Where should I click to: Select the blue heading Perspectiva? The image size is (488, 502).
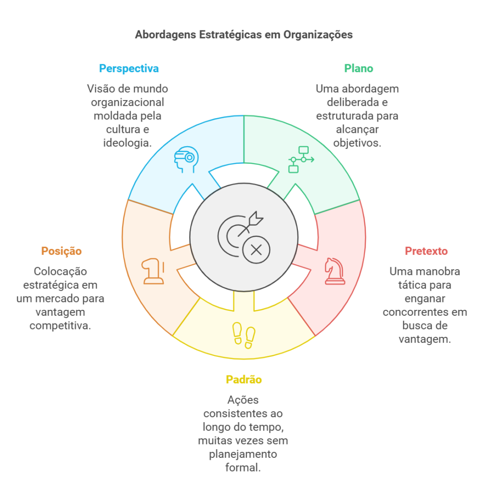129,68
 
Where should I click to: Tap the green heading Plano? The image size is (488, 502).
358,68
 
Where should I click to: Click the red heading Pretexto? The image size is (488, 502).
426,251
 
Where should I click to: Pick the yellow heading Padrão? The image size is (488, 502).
244,379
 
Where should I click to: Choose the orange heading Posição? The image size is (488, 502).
61,251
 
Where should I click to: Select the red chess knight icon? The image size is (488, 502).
335,271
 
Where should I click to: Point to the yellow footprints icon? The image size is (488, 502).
244,334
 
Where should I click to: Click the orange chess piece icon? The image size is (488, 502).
152,271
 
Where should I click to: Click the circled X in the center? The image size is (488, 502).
256,250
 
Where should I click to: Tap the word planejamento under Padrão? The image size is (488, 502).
243,454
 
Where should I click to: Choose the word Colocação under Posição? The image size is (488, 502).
60,271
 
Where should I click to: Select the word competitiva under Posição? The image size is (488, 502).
60,325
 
